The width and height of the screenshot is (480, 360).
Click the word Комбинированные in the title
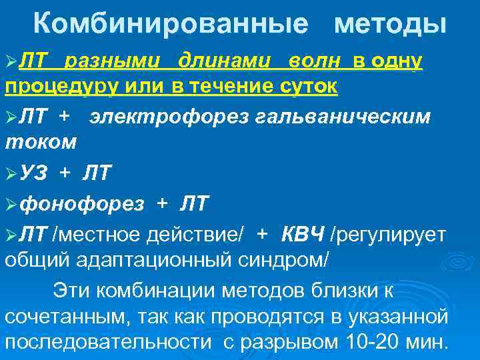click(x=171, y=25)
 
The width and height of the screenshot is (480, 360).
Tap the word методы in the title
click(x=391, y=25)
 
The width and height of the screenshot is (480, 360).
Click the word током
click(x=41, y=141)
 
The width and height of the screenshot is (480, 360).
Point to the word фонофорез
click(x=82, y=204)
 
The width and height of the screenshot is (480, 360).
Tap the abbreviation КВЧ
click(x=303, y=233)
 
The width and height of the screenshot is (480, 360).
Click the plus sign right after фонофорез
click(x=162, y=204)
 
